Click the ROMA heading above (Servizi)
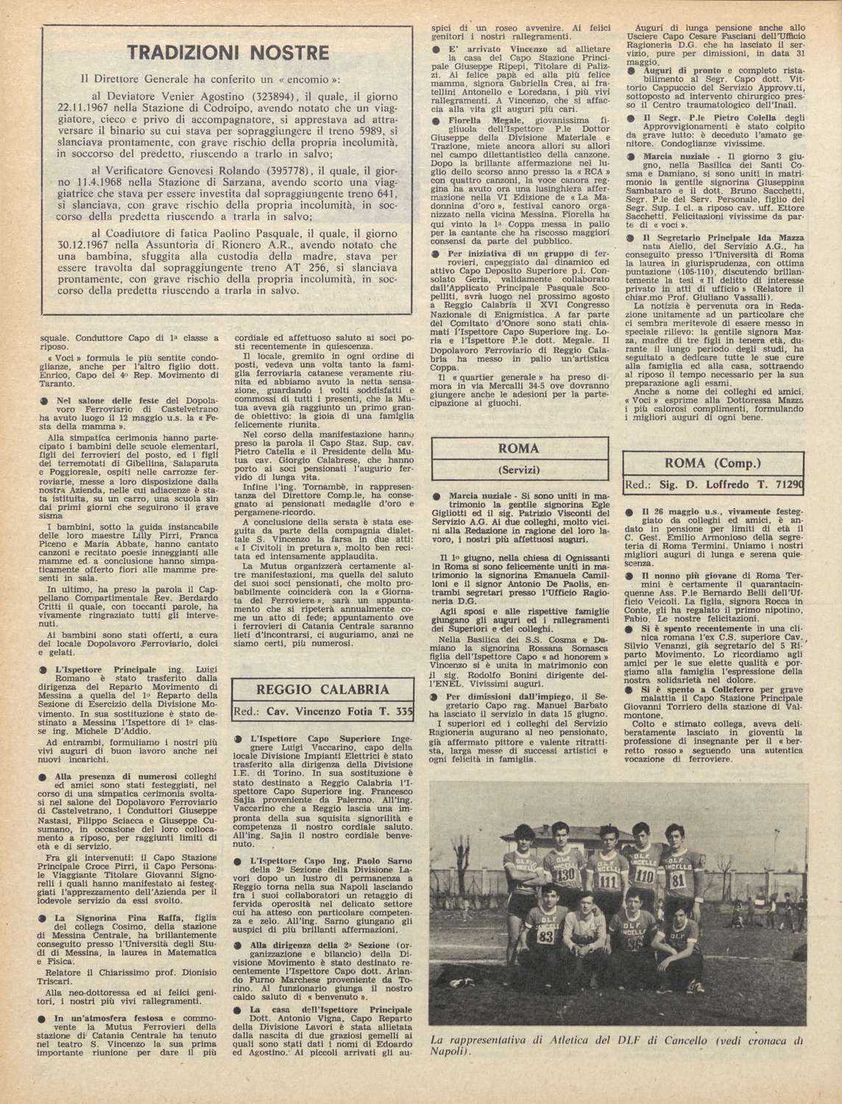(x=519, y=448)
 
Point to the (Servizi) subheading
(x=519, y=469)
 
